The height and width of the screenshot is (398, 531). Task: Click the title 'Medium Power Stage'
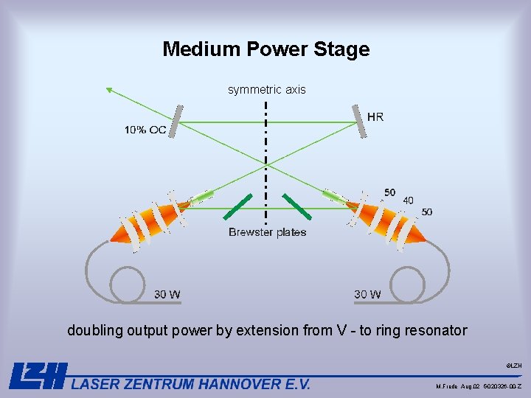tap(265, 49)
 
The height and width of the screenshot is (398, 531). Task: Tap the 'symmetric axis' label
tap(266, 90)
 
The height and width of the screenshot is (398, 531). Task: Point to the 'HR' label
tap(375, 116)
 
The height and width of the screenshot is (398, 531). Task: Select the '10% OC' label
tap(145, 130)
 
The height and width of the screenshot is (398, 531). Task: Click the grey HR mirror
tap(360, 120)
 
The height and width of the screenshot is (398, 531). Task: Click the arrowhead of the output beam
tap(109, 90)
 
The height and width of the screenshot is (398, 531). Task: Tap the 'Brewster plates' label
tap(267, 232)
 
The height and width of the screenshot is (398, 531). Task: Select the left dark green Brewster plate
tap(238, 206)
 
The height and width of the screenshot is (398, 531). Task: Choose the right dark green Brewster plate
tap(295, 206)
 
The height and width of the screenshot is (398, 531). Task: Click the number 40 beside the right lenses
tap(408, 200)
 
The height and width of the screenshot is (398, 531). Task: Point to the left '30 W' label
tap(167, 295)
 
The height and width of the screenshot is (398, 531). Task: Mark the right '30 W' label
tap(367, 295)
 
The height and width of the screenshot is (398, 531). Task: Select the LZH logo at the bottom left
tap(38, 376)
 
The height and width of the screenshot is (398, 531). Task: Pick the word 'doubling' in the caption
tap(94, 330)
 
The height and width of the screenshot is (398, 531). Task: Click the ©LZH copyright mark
tap(514, 366)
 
